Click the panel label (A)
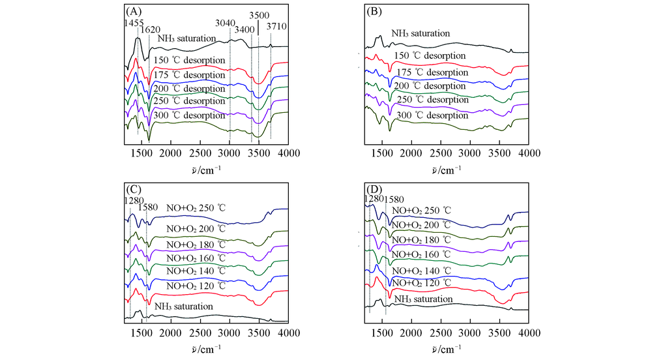tap(133, 10)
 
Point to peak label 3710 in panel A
tap(277, 27)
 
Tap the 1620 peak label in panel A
tap(152, 29)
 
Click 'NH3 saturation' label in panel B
tap(421, 33)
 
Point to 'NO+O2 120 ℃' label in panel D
tap(421, 282)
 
